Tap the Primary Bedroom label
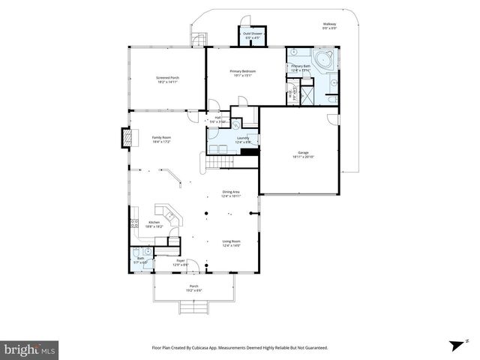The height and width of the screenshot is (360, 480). [x=243, y=73]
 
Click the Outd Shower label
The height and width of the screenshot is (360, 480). [x=250, y=36]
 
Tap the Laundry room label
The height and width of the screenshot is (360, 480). [x=243, y=139]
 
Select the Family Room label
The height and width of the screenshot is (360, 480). [x=161, y=139]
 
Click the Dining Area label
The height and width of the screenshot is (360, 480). [x=230, y=193]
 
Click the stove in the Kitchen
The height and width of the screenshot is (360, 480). [x=133, y=223]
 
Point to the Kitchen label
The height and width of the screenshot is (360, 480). [x=154, y=224]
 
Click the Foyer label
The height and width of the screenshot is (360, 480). [x=180, y=262]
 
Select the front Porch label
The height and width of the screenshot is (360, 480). [x=193, y=288]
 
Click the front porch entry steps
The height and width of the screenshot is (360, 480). [x=193, y=307]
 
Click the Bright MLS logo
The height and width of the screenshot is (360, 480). [x=30, y=349]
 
